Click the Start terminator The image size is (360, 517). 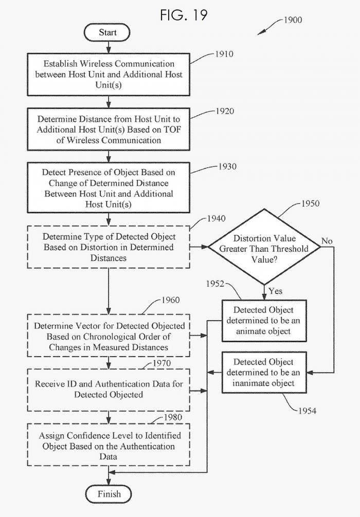(108, 32)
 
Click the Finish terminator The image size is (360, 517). (109, 494)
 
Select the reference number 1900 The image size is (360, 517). (292, 21)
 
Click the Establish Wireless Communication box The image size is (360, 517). (109, 75)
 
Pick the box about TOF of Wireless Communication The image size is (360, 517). (109, 130)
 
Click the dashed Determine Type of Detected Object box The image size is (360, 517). (109, 248)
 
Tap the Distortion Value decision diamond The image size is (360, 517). (264, 248)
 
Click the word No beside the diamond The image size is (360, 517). (327, 241)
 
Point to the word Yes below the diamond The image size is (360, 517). (275, 291)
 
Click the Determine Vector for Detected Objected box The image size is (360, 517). (109, 337)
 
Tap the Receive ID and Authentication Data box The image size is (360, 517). (109, 389)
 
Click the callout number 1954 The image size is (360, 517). (307, 411)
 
